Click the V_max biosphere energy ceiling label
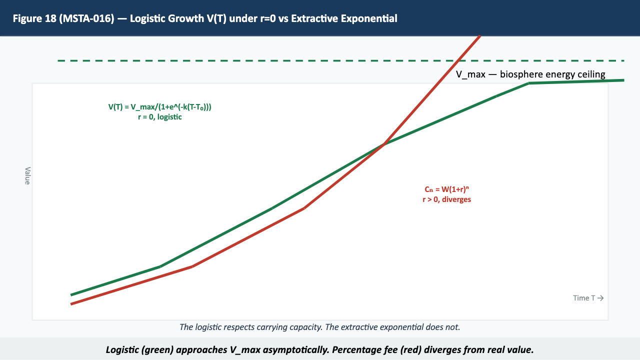coord(530,74)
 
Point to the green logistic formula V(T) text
coord(160,107)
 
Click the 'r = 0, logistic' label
coord(160,117)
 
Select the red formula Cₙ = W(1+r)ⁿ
coord(446,189)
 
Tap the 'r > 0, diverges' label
coord(446,199)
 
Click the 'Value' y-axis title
coord(27,175)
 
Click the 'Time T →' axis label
coord(588,298)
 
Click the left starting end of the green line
coord(72,294)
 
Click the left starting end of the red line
coord(72,304)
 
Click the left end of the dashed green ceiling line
coord(59,60)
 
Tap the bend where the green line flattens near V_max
coord(528,83)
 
